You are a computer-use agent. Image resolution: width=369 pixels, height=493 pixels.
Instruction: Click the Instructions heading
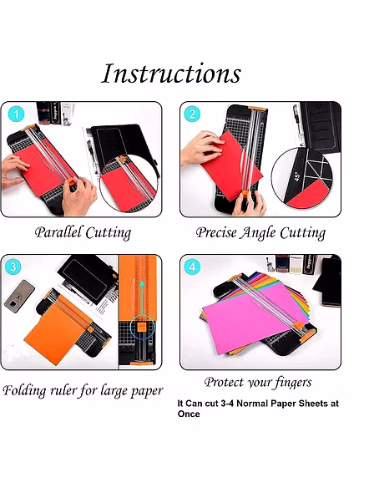tap(171, 74)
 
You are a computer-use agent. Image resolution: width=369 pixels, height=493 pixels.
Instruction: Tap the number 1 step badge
tap(16, 114)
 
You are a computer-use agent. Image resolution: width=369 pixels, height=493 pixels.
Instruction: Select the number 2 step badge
tap(192, 114)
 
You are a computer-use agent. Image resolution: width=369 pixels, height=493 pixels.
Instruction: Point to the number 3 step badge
tap(13, 267)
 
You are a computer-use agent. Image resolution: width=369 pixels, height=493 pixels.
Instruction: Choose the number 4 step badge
tap(192, 267)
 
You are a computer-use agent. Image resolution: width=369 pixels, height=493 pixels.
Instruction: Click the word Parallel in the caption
tap(58, 232)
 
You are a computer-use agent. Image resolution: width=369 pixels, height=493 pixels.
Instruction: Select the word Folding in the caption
tap(24, 391)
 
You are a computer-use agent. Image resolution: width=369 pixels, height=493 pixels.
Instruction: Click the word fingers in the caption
tap(293, 383)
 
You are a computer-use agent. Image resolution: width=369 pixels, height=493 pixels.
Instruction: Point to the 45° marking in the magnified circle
tap(297, 176)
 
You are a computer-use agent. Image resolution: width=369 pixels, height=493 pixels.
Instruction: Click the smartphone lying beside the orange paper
tap(19, 296)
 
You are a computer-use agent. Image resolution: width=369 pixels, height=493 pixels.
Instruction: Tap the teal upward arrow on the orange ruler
tap(142, 298)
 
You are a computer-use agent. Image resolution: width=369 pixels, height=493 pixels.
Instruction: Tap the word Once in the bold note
tap(189, 414)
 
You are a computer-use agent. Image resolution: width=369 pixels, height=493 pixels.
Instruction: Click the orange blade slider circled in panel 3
tap(142, 327)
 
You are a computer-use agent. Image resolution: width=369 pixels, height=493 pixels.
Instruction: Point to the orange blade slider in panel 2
tap(245, 194)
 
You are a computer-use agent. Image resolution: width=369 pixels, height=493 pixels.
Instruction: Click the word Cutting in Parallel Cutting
tap(108, 233)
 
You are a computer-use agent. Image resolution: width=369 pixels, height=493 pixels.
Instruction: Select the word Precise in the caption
tap(216, 232)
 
